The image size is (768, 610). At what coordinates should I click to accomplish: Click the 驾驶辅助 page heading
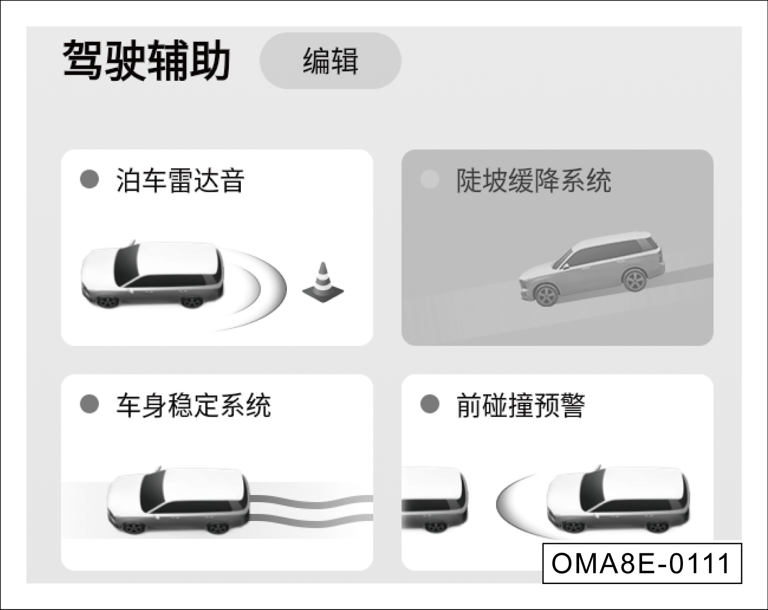(x=147, y=61)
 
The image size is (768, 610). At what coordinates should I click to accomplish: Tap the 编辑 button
(x=331, y=61)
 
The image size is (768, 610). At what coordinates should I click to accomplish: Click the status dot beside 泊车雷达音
(x=89, y=179)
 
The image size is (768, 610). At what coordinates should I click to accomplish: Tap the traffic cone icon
(x=323, y=282)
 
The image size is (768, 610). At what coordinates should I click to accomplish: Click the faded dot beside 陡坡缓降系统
(x=430, y=179)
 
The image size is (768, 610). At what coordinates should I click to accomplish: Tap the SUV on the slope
(x=591, y=268)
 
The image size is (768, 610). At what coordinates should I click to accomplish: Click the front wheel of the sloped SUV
(x=546, y=295)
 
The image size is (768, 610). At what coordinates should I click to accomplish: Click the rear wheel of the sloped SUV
(x=634, y=279)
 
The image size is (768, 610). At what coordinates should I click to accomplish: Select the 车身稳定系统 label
(x=193, y=406)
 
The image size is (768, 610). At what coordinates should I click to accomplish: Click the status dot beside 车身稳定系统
(x=89, y=404)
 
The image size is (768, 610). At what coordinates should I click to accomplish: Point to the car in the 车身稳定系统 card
(x=177, y=500)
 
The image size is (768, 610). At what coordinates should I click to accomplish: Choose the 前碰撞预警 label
(x=520, y=406)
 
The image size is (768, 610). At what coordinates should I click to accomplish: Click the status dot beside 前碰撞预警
(x=430, y=404)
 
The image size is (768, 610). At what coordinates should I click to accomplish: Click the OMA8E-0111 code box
(x=642, y=563)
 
